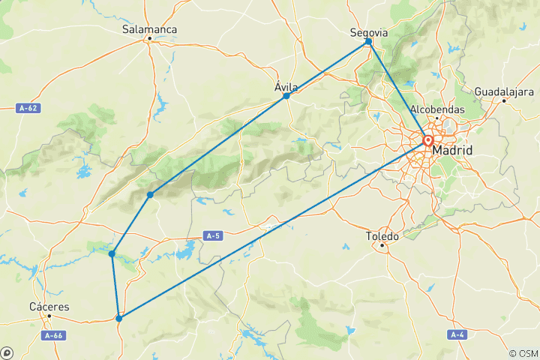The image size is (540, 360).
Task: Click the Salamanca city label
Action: [149, 29]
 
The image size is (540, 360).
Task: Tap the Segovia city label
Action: [369, 32]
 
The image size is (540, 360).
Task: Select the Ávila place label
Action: [286, 87]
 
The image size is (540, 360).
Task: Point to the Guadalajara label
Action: [502, 91]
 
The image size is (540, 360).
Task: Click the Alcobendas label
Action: [437, 109]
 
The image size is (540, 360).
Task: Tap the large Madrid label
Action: [452, 151]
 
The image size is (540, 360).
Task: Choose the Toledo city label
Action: [382, 235]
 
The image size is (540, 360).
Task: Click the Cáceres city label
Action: [49, 307]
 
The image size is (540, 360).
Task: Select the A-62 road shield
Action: [28, 108]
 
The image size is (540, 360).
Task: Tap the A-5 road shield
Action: [213, 235]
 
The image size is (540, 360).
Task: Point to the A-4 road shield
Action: [457, 334]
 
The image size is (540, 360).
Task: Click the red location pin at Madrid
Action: [428, 140]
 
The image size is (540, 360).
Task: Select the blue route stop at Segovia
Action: [368, 42]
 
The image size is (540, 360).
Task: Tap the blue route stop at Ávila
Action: [286, 96]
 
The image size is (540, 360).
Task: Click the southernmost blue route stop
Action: [119, 319]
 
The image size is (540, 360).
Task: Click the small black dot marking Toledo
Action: [382, 245]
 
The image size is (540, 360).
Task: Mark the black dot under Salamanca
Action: [149, 38]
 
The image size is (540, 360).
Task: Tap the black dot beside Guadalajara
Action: [505, 100]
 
